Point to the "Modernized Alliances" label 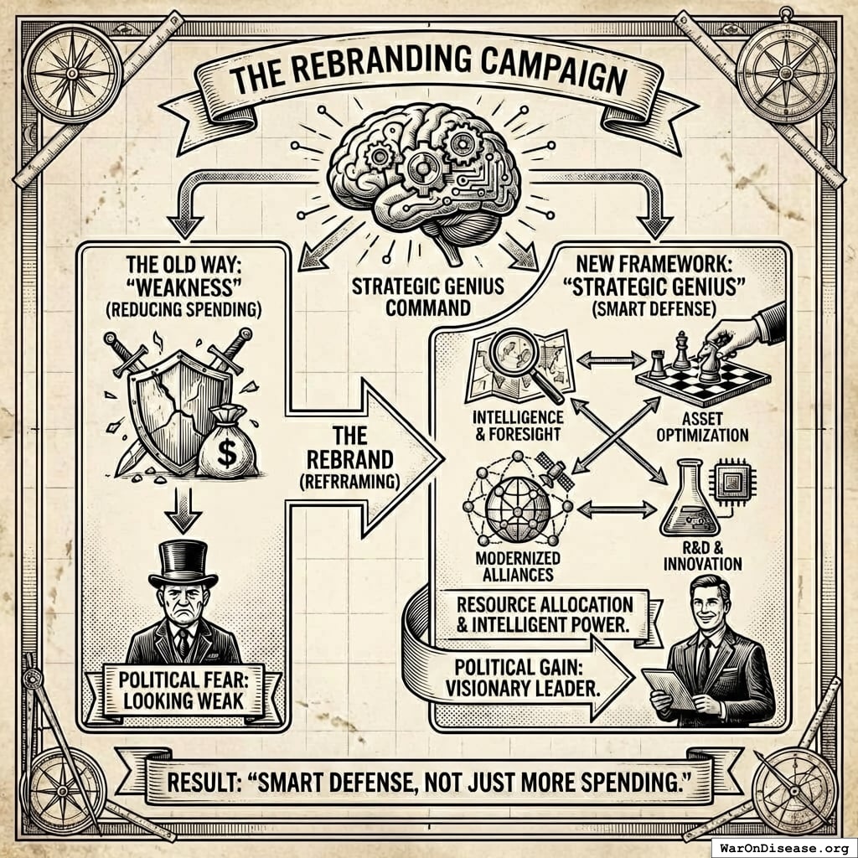[507, 566]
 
